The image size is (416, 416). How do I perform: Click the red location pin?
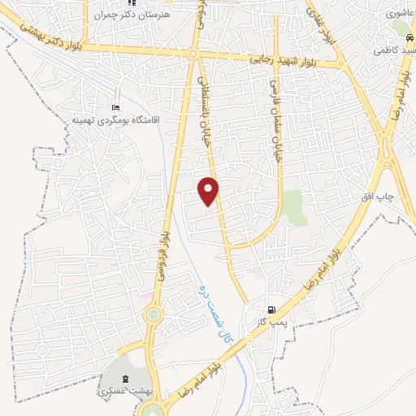209,190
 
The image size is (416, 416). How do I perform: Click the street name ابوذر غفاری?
318,25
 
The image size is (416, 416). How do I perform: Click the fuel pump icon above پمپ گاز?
273,310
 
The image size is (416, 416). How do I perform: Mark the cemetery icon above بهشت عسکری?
124,379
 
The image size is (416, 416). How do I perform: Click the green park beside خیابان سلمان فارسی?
295,208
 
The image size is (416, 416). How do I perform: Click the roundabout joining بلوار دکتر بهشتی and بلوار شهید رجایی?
193,54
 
